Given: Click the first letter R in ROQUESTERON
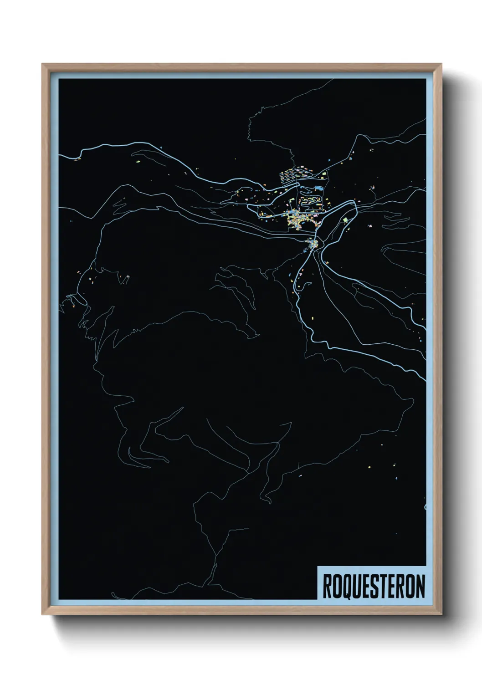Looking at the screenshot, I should pyautogui.click(x=328, y=586).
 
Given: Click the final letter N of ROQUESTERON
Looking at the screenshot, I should pyautogui.click(x=420, y=586).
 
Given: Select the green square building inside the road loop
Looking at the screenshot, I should pyautogui.click(x=345, y=220).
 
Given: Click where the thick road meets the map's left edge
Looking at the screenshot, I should pyautogui.click(x=60, y=156).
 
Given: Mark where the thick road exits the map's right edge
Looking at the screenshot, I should pyautogui.click(x=425, y=379).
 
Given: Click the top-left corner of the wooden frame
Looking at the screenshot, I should pyautogui.click(x=42, y=64).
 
